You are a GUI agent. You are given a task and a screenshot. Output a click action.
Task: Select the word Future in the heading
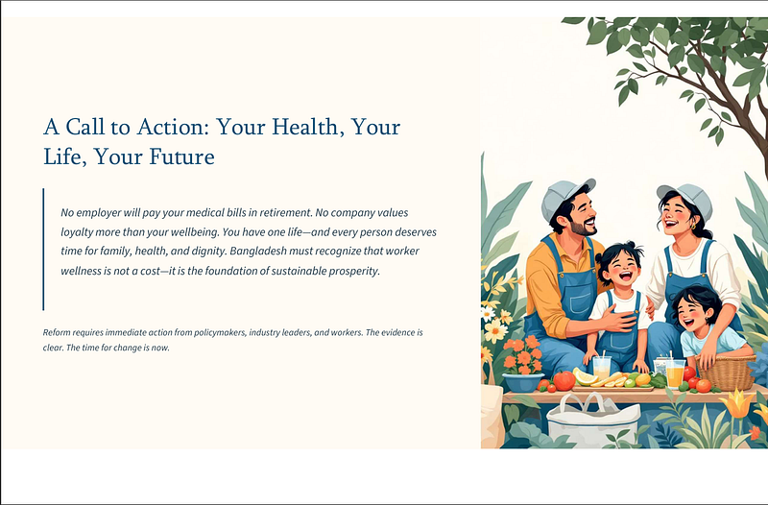(x=181, y=156)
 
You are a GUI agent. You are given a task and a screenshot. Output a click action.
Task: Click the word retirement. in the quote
(x=286, y=212)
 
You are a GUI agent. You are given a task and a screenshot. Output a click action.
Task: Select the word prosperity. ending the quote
(x=354, y=271)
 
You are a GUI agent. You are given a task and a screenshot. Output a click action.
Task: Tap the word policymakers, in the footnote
(x=220, y=332)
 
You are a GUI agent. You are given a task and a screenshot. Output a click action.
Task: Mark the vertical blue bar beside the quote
(x=43, y=250)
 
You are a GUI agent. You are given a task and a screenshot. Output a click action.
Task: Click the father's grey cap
(x=565, y=197)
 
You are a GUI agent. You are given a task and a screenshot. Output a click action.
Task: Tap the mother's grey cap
(x=686, y=199)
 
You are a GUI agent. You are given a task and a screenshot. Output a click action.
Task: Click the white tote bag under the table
(x=592, y=421)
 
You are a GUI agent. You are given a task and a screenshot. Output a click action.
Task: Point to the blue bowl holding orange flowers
(x=522, y=381)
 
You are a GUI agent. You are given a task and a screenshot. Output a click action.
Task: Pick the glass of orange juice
(x=675, y=373)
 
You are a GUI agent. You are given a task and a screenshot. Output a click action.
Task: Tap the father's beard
(x=583, y=227)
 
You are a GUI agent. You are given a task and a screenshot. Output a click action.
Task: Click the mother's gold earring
(x=692, y=227)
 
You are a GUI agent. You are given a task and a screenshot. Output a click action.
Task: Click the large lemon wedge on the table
(x=586, y=375)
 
